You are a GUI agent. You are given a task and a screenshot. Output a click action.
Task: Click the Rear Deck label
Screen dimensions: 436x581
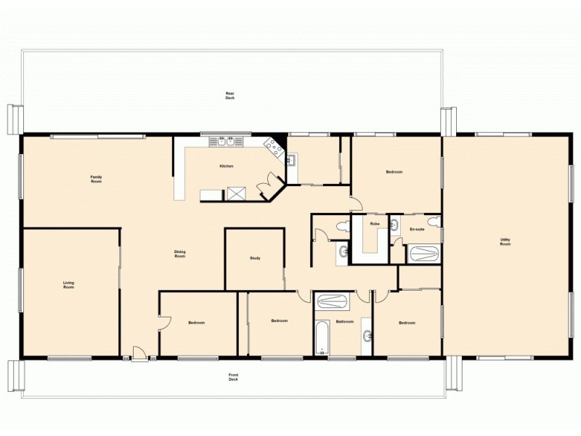click(x=229, y=95)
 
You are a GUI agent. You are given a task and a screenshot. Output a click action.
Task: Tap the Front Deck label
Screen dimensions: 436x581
click(x=233, y=377)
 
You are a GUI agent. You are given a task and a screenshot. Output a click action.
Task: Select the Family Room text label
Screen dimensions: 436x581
click(x=96, y=179)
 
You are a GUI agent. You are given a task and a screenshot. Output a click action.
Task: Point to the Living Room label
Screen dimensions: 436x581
click(x=69, y=285)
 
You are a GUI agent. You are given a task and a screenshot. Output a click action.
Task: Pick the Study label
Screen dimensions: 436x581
click(x=255, y=258)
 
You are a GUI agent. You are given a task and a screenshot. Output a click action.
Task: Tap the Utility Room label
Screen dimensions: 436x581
click(x=505, y=241)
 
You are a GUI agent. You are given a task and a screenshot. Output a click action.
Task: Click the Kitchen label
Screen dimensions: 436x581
click(x=227, y=166)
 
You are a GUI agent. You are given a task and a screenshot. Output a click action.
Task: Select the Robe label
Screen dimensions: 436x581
click(x=375, y=224)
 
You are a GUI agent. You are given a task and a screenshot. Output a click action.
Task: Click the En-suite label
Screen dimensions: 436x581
click(x=417, y=229)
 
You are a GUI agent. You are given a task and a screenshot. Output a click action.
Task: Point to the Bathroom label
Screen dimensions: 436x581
click(x=344, y=321)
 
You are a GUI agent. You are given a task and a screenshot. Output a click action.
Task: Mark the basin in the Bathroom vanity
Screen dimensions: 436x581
click(x=367, y=336)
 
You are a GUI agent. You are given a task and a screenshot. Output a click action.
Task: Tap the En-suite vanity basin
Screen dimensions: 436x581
click(x=395, y=224)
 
